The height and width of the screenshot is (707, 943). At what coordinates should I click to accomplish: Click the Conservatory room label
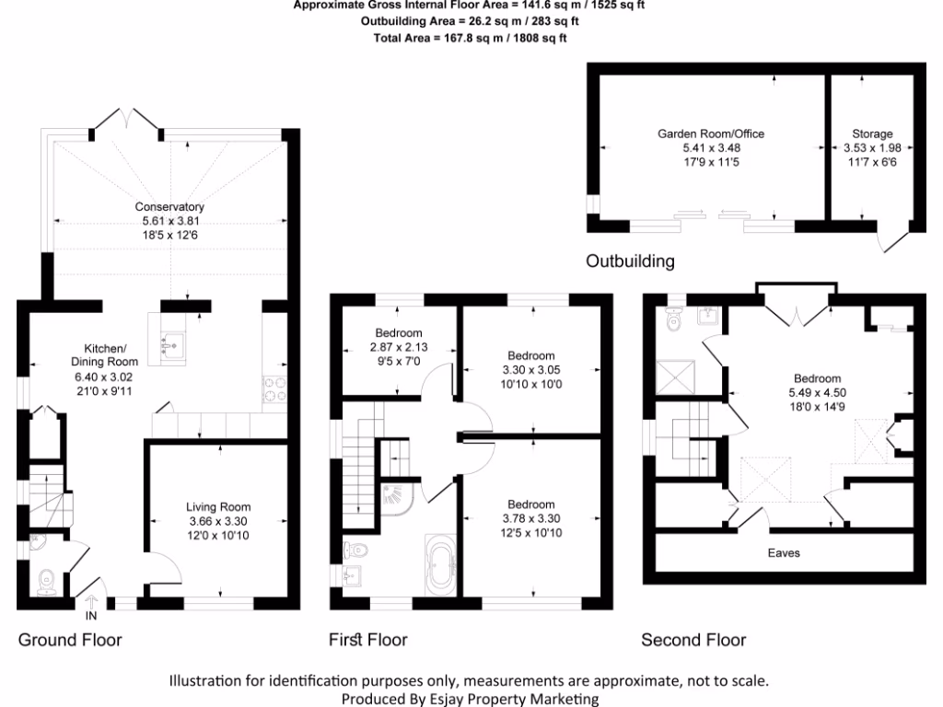pos(169,206)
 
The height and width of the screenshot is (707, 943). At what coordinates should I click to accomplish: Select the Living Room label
pos(218,507)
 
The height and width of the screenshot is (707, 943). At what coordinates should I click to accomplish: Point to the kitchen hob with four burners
pos(274,390)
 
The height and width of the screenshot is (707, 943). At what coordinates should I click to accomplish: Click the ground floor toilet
pos(46,580)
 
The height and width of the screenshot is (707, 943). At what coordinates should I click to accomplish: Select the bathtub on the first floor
pos(438,562)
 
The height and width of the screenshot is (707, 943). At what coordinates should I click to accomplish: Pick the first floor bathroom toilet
pos(356,551)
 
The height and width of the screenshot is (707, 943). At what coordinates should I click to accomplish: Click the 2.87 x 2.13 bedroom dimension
pos(399,347)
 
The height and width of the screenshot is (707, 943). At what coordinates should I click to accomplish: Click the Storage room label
pos(872,133)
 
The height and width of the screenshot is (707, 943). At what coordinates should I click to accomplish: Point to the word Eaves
pos(784,553)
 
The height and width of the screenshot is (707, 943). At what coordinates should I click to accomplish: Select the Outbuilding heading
pos(630,261)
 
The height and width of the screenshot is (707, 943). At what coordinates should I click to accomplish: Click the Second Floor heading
pos(693,640)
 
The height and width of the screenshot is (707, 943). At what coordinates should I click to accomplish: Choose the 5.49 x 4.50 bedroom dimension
pos(817,393)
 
